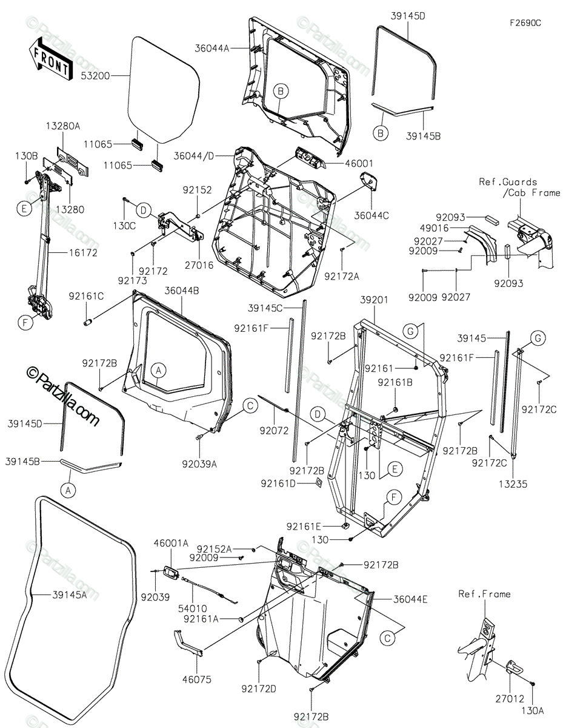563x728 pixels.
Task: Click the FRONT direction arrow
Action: (x=49, y=58)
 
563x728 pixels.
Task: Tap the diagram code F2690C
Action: (x=525, y=23)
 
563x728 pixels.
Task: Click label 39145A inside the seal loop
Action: (x=68, y=595)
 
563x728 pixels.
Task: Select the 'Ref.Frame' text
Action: (x=484, y=594)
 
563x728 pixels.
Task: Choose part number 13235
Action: (x=513, y=484)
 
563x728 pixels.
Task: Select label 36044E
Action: (x=410, y=599)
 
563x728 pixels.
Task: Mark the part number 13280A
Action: (x=64, y=126)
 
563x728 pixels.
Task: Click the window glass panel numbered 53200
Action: (x=164, y=85)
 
